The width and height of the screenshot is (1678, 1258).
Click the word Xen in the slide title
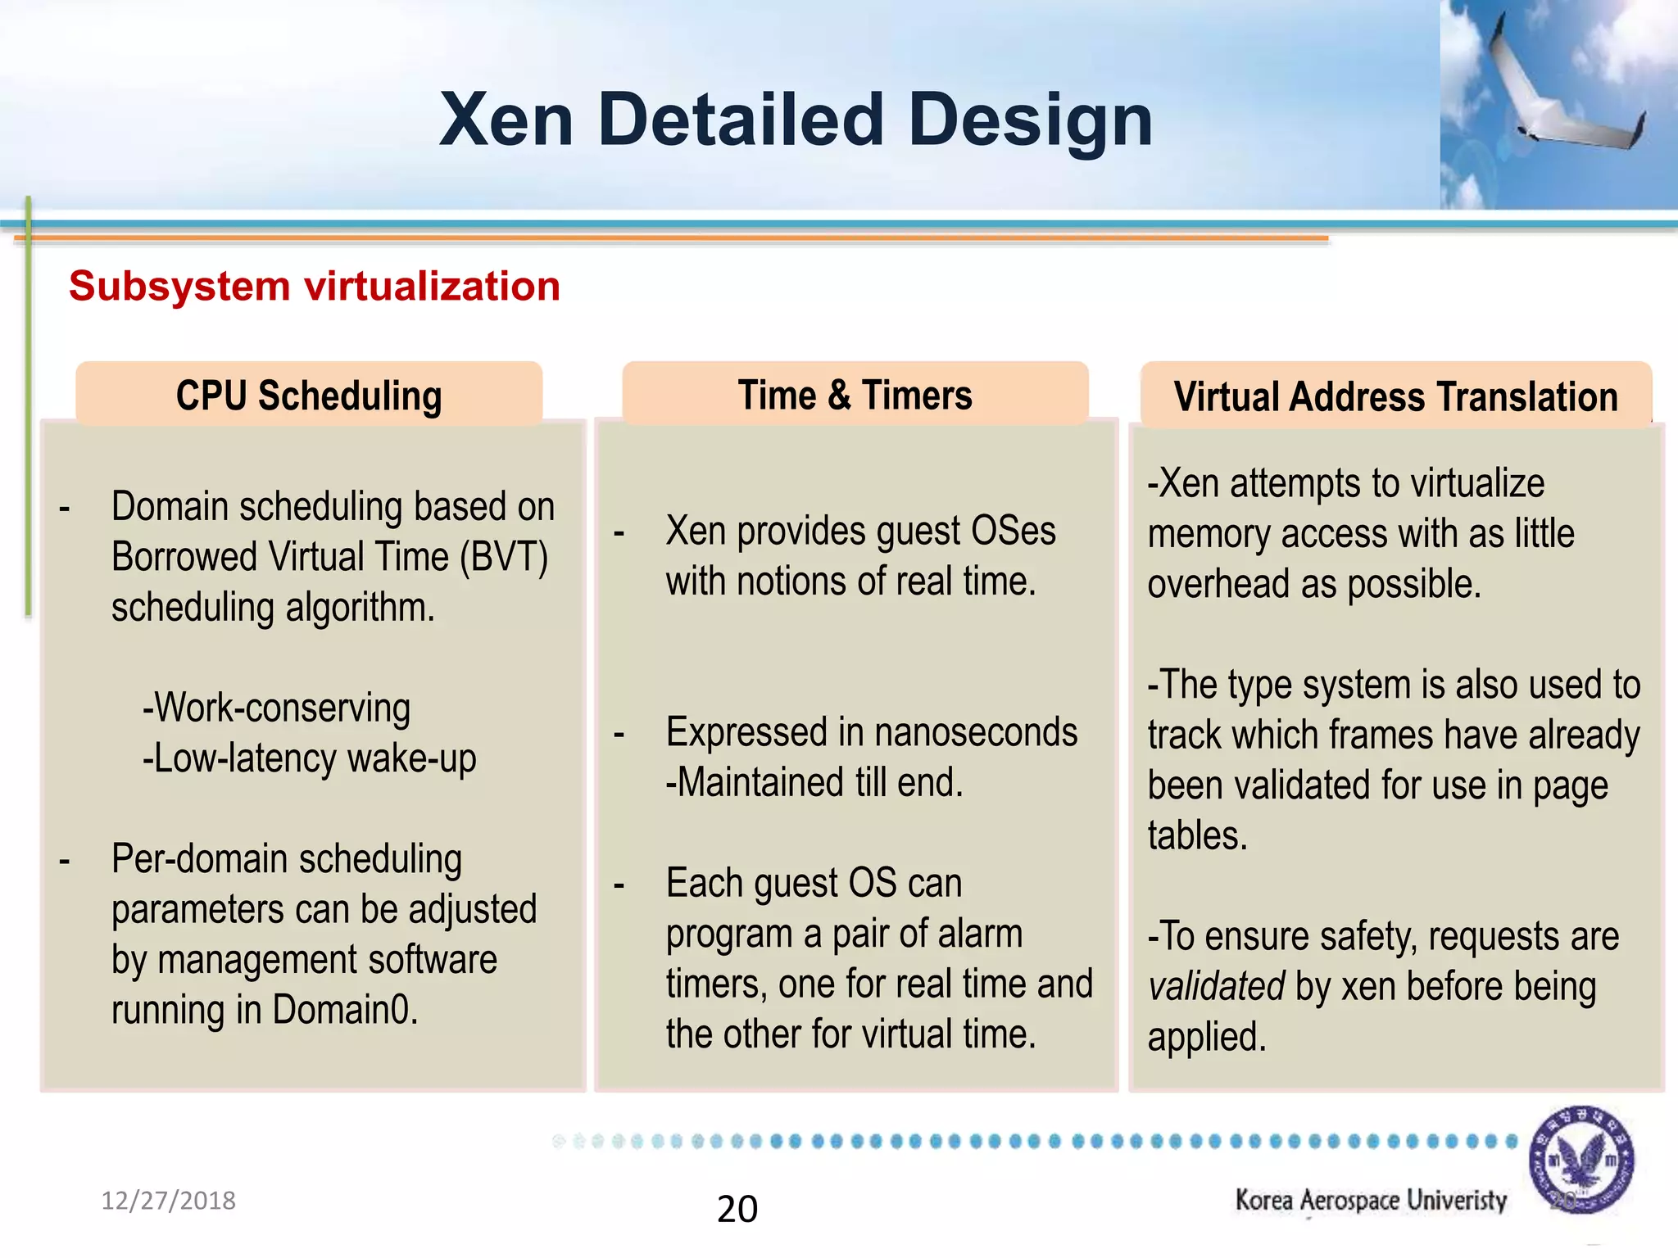(506, 120)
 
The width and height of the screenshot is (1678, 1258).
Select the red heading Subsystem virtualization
(315, 287)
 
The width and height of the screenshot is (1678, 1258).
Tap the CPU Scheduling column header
(309, 396)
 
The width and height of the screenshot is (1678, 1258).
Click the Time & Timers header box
(855, 395)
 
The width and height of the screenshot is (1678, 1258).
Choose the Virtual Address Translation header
(1395, 397)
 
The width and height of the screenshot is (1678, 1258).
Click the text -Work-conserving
(276, 708)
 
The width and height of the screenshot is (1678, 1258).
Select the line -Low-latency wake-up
(309, 758)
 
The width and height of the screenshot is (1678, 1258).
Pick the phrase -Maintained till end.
(814, 783)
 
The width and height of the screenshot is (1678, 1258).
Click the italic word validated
(1215, 987)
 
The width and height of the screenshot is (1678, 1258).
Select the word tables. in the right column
(1197, 836)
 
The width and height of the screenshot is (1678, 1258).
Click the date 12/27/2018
(168, 1201)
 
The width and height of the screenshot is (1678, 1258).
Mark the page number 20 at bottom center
(737, 1209)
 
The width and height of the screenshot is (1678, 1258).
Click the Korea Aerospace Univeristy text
(1371, 1201)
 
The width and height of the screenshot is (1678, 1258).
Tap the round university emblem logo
(1580, 1159)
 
